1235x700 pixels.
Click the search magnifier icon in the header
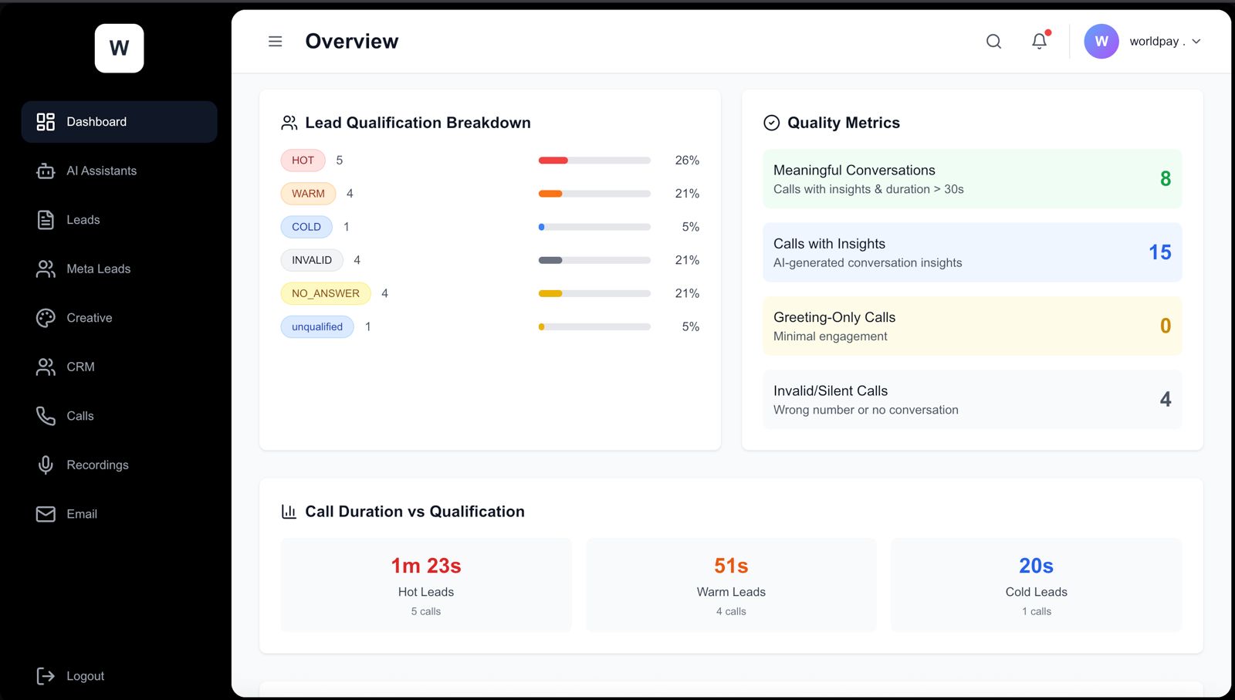tap(993, 42)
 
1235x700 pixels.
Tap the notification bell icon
tap(1040, 42)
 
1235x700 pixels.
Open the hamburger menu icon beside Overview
tap(275, 42)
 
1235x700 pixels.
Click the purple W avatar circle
tap(1101, 42)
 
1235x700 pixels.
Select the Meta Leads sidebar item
tap(98, 269)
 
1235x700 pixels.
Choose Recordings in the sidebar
tap(97, 465)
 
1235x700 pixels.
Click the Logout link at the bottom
tap(85, 676)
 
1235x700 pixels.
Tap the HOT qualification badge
tap(303, 161)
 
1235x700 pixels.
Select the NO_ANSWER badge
tap(325, 293)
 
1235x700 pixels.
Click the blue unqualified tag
tap(316, 327)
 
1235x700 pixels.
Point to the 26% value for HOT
tap(686, 161)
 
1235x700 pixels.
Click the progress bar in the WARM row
tap(594, 194)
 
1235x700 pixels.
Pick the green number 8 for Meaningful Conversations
tap(1165, 179)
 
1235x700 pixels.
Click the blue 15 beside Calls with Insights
tap(1159, 252)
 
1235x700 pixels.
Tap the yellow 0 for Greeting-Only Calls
tap(1165, 326)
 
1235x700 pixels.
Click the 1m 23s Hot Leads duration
tap(426, 566)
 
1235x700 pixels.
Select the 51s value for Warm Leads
tap(731, 566)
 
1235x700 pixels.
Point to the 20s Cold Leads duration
tap(1036, 566)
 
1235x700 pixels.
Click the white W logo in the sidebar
tap(119, 49)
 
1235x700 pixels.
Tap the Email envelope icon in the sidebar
tap(46, 514)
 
